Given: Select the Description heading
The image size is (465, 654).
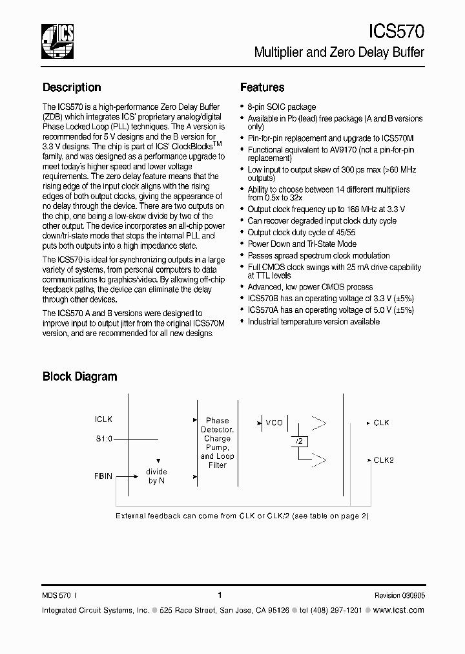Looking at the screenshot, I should [72, 87].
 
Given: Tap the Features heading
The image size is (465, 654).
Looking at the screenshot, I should [262, 87].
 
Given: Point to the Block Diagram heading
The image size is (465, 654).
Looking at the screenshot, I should [79, 376].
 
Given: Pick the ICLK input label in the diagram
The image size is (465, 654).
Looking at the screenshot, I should [103, 419].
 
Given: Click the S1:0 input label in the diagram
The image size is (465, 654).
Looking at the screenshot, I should [103, 438].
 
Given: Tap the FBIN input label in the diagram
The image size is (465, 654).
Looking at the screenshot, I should [103, 476].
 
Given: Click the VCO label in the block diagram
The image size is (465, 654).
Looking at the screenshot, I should [274, 423].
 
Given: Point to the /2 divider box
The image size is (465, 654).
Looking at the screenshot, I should [300, 441].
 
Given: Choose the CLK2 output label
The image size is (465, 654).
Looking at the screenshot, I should [384, 460].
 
